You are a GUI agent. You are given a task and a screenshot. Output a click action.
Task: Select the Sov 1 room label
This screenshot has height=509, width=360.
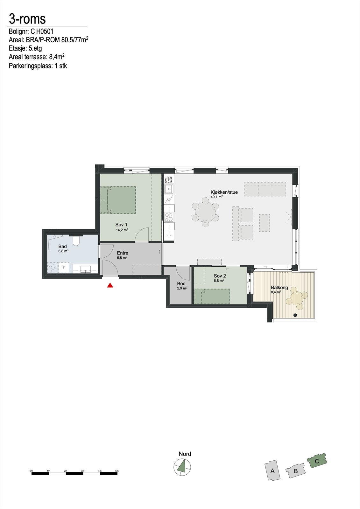point(121,225)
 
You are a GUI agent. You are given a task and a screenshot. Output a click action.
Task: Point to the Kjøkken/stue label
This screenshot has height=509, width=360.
point(224,192)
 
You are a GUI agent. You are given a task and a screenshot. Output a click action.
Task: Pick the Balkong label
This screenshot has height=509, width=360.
point(279,287)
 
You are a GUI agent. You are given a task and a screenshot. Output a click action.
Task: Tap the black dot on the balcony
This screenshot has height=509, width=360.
point(295,315)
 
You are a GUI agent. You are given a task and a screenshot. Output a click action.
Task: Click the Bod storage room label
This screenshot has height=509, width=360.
point(181,283)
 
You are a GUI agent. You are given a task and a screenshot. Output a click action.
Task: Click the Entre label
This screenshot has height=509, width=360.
point(123,253)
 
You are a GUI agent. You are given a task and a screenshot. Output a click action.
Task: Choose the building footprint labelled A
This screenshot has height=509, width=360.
point(272,471)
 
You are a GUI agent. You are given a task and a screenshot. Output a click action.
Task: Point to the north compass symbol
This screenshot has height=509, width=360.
point(182,467)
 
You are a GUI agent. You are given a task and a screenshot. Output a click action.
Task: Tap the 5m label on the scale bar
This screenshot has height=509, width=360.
point(117,471)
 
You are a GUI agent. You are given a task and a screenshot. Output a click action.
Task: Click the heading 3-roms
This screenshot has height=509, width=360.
point(27,19)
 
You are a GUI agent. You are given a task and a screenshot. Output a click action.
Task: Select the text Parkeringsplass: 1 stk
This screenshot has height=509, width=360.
point(38,66)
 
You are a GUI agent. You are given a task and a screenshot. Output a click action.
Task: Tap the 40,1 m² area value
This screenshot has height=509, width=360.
point(216,197)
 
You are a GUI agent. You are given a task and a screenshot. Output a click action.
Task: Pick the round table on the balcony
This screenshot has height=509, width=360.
point(297,299)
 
